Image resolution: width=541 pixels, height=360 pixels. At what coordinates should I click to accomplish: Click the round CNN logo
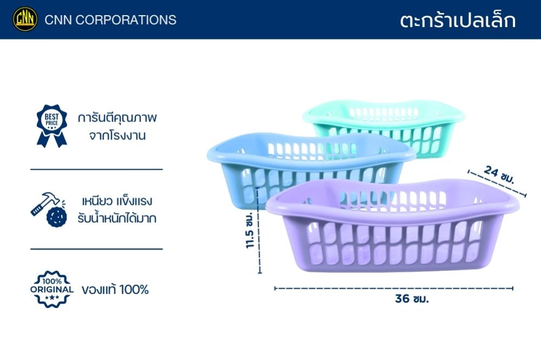[25, 19]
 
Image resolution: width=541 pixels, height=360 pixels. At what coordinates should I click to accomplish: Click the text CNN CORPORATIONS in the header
[110, 20]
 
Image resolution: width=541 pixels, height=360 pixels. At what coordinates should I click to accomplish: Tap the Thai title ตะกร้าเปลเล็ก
[458, 20]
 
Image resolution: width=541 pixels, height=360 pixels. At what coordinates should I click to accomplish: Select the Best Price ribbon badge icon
[52, 126]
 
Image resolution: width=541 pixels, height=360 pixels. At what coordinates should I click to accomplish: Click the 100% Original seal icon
[52, 289]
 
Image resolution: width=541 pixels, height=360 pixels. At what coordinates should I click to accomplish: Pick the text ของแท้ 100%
[115, 290]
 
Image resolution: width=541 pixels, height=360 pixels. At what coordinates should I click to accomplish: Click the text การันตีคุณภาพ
[117, 118]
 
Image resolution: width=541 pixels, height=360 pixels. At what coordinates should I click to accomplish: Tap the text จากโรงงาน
[117, 136]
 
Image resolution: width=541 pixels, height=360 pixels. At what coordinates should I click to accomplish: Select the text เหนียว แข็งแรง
[117, 201]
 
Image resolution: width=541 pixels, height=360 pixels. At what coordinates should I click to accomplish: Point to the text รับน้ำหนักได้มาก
[117, 218]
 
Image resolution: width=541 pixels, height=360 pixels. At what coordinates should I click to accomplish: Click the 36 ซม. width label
[412, 298]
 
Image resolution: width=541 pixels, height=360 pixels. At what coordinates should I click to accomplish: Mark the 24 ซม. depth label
[499, 175]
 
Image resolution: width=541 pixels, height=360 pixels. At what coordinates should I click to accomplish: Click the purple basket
[393, 226]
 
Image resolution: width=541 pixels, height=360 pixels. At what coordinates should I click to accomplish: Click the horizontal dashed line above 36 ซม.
[394, 288]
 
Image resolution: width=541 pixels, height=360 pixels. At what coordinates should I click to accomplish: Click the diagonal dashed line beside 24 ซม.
[497, 183]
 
